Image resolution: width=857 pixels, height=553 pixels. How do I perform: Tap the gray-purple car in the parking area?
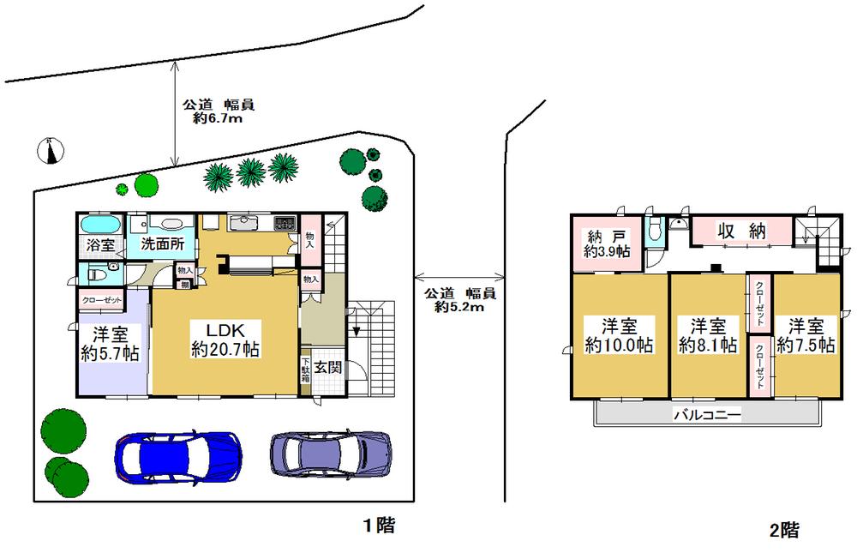point(331,450)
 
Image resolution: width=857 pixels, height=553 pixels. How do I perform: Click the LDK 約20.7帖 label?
point(225,340)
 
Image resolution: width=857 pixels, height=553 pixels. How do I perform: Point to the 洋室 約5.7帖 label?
point(111,342)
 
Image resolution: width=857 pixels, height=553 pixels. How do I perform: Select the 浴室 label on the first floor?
point(101,244)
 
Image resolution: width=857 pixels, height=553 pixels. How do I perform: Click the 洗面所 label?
point(163,243)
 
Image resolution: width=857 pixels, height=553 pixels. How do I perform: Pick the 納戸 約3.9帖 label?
point(607,243)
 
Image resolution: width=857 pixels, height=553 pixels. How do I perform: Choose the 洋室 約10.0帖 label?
point(619,335)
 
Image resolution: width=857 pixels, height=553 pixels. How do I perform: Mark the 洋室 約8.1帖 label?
point(708,335)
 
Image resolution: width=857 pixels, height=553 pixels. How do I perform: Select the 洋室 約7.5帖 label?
point(806,335)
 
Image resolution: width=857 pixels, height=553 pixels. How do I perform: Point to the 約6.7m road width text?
point(218,119)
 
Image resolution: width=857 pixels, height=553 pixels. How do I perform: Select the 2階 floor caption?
point(784,530)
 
